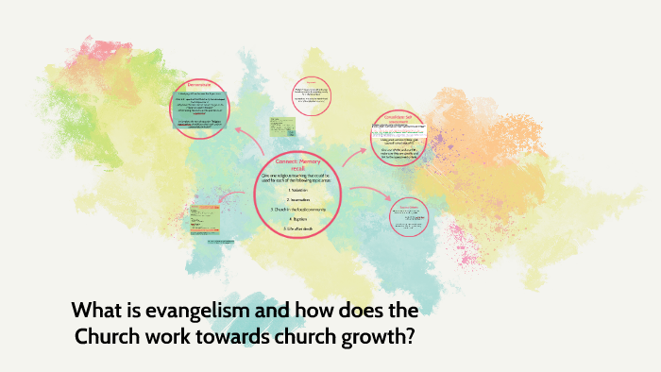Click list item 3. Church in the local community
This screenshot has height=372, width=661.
click(x=298, y=208)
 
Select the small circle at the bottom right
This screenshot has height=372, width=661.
click(x=408, y=214)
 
